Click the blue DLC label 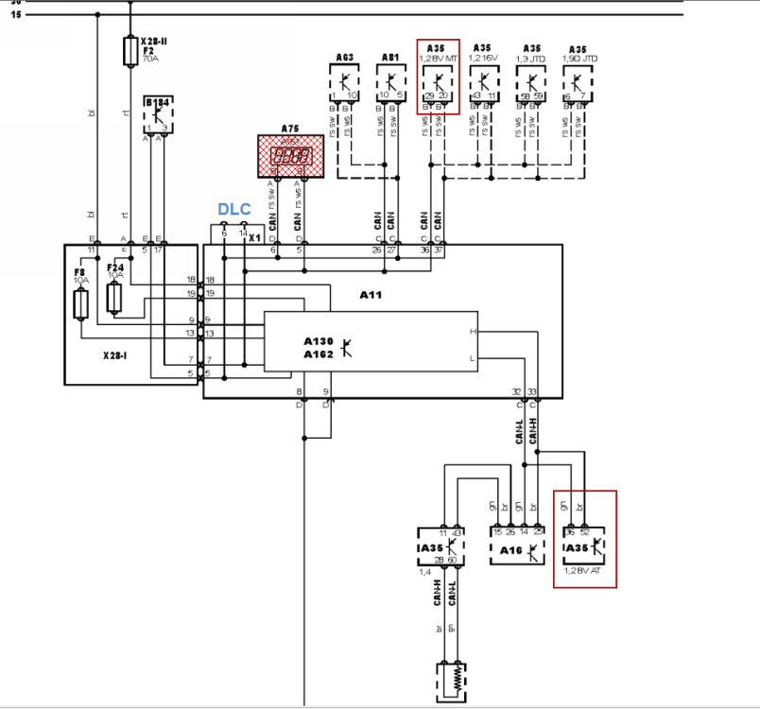click(234, 209)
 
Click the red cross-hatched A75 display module click(291, 156)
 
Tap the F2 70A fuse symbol click(131, 51)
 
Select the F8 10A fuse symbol click(81, 304)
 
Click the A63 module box click(345, 83)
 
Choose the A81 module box click(390, 83)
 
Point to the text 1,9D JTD click(579, 58)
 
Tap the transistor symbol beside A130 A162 click(347, 348)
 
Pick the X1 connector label click(253, 238)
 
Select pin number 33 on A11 click(532, 390)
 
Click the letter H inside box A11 click(473, 332)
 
